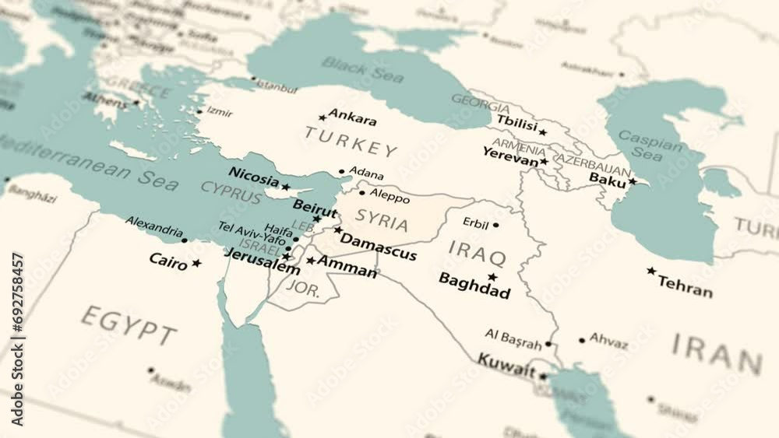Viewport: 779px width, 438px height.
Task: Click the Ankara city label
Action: tap(352, 119)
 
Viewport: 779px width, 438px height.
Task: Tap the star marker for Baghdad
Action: tap(492, 277)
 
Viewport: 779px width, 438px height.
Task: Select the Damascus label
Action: tap(378, 247)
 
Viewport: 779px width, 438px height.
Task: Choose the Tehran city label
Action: tap(685, 286)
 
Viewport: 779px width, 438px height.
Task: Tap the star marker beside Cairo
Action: tap(196, 263)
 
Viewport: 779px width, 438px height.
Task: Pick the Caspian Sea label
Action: tap(641, 145)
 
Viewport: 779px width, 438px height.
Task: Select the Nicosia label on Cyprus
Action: tap(253, 177)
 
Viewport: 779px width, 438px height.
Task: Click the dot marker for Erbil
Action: tap(495, 225)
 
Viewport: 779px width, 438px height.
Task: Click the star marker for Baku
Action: tap(633, 181)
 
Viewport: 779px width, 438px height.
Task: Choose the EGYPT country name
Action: tap(129, 324)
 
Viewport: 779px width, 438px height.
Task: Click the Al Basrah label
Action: tap(513, 338)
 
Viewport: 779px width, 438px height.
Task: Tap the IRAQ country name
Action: tap(478, 253)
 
